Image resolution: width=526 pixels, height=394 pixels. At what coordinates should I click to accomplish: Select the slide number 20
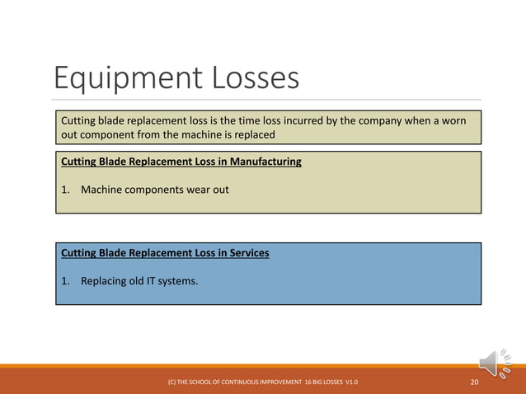(475, 383)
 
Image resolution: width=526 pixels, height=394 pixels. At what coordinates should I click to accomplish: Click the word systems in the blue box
(180, 280)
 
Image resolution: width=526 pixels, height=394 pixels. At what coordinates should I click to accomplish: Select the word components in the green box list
(156, 190)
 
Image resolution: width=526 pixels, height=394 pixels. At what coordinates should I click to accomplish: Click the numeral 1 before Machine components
(64, 190)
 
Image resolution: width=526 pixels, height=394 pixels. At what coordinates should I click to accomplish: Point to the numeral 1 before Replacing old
(64, 280)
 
